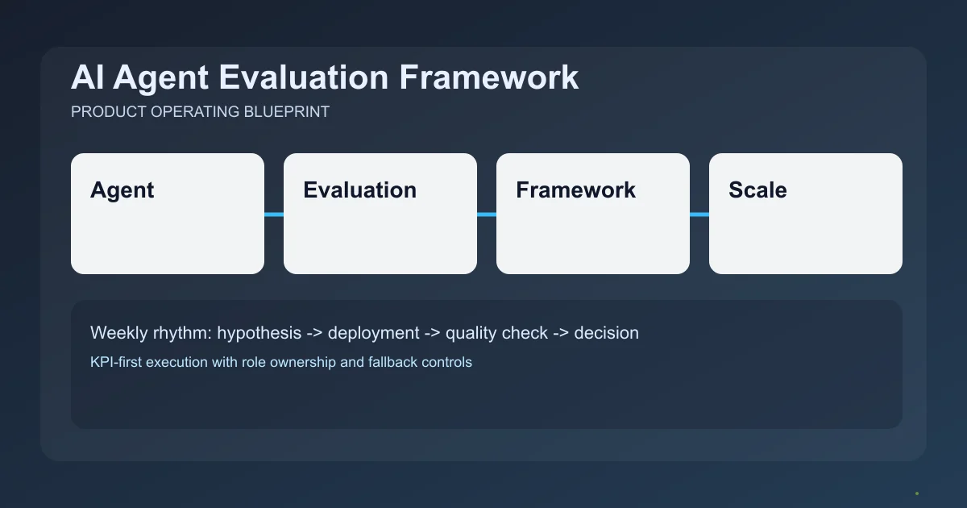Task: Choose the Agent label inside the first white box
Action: coord(122,190)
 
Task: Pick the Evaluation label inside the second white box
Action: coord(359,190)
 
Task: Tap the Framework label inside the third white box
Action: coord(575,190)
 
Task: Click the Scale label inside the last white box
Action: coord(757,190)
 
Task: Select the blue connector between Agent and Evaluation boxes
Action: coord(274,214)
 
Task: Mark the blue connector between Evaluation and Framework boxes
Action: coord(487,214)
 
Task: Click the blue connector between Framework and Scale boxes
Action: coord(699,214)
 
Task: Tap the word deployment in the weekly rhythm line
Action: coord(373,333)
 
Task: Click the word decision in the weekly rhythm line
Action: coord(606,333)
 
